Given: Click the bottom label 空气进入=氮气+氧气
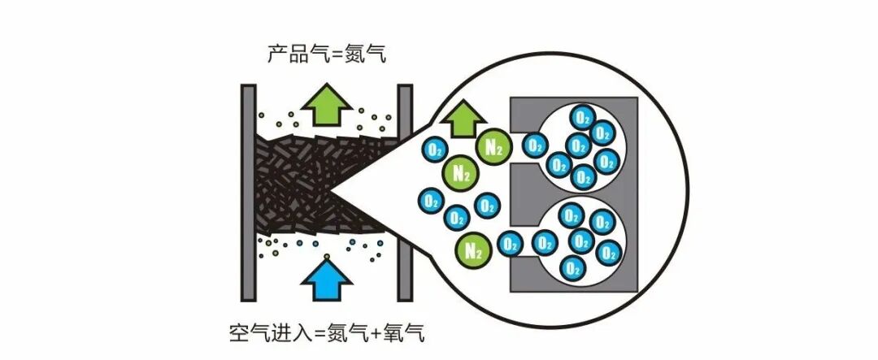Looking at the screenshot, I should tap(327, 333).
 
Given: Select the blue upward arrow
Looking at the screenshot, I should tap(327, 280).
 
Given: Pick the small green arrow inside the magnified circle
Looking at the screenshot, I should tap(463, 121).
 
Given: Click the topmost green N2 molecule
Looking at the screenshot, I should tap(493, 147).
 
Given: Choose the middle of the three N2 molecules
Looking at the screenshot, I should tap(461, 172).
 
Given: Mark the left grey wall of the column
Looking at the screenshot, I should tap(248, 192).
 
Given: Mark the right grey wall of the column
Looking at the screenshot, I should tap(404, 192).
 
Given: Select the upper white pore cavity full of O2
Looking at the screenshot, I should tap(579, 146).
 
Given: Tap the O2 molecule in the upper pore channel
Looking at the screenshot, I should tap(534, 146).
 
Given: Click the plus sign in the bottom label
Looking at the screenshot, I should tap(378, 333).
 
